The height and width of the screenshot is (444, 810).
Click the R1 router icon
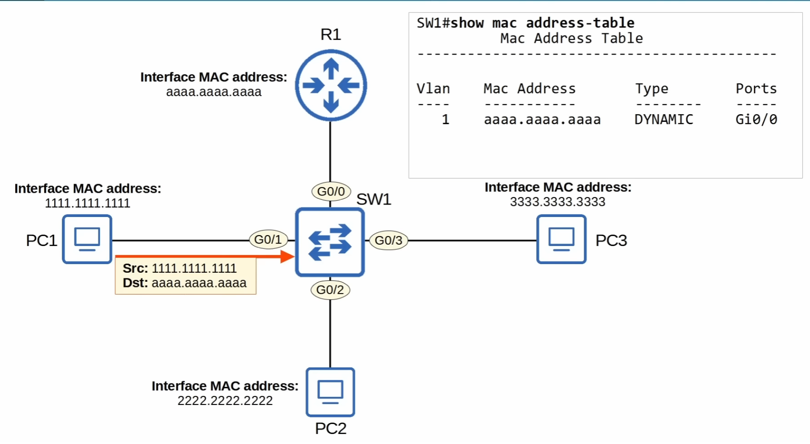tap(330, 86)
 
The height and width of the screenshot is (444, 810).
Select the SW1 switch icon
tap(330, 242)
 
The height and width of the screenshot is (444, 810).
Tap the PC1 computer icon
tap(87, 239)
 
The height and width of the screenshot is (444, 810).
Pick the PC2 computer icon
tap(330, 392)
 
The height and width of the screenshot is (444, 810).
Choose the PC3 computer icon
tap(561, 239)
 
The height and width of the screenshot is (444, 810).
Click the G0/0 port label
tap(331, 191)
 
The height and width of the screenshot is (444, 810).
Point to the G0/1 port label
tap(268, 239)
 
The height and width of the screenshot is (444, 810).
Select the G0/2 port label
tap(330, 290)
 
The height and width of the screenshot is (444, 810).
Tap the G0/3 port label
tap(389, 240)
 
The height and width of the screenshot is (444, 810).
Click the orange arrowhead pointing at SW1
tap(287, 257)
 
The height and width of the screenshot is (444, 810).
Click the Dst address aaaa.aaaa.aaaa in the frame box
tap(199, 283)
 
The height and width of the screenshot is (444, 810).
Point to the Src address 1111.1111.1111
tap(194, 268)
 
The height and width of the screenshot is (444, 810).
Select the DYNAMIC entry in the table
tap(663, 119)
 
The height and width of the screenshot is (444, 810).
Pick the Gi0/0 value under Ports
tap(756, 119)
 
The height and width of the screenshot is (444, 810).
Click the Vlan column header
tap(433, 89)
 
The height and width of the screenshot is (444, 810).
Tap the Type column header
tap(651, 89)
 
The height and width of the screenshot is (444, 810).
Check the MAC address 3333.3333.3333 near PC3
tap(558, 202)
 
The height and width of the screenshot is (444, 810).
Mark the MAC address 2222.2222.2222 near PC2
tap(225, 401)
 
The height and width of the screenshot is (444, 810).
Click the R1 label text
tap(330, 35)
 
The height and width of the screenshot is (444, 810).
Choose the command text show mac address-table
tap(542, 23)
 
